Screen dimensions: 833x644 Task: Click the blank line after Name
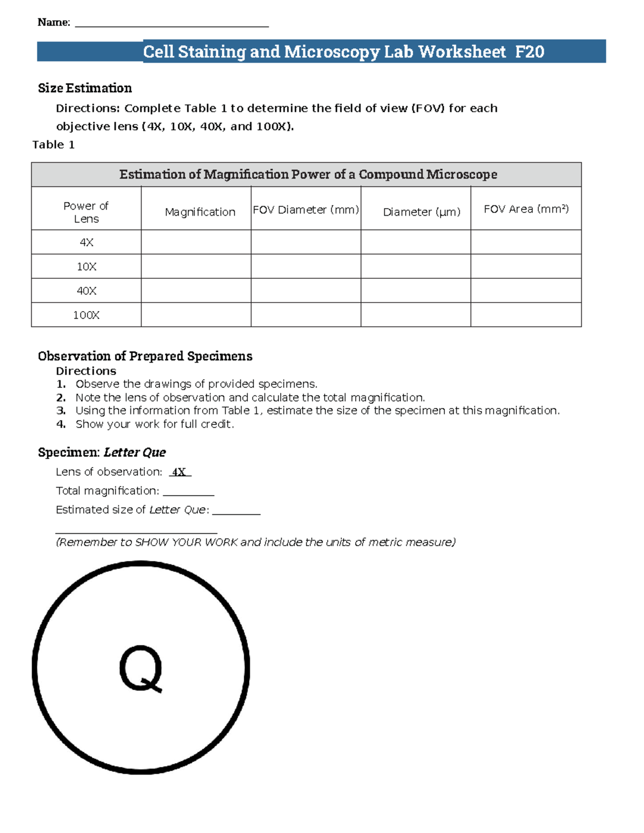pos(172,24)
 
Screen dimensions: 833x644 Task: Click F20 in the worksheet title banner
pos(529,52)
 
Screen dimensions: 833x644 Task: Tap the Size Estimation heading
pos(85,88)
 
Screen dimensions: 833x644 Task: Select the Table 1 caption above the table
pos(53,145)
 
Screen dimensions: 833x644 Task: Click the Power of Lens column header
pos(86,212)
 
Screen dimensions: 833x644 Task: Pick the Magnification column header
pos(200,212)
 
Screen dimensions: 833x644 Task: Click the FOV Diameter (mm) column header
pos(305,210)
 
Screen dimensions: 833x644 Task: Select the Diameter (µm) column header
pos(421,212)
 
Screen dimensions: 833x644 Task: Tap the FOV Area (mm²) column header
pos(526,209)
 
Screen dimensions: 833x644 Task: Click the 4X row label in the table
pos(86,242)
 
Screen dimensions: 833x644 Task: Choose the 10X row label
pos(86,267)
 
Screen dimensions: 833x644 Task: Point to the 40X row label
pos(86,291)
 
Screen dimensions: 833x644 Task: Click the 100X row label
pos(86,315)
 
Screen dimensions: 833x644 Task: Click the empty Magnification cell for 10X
pos(196,267)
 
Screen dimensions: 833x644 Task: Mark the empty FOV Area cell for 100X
pos(526,315)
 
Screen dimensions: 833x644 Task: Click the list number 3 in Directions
pos(61,411)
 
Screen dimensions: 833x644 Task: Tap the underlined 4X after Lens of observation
pos(179,472)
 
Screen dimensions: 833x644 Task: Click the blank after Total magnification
pos(188,491)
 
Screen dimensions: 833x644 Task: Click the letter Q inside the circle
pos(141,668)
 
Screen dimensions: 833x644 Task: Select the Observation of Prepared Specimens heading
pos(145,356)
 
